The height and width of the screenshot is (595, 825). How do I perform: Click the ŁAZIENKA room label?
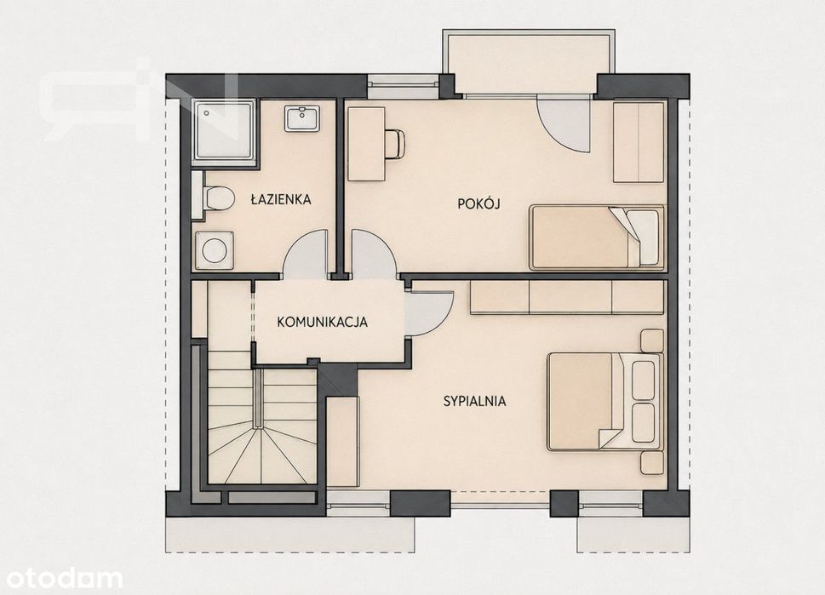[281, 200]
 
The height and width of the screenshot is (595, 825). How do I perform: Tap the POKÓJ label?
[478, 203]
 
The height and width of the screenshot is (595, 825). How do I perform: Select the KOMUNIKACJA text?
[322, 322]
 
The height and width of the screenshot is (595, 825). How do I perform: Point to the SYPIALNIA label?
[474, 402]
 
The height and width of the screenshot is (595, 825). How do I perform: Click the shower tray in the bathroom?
[225, 130]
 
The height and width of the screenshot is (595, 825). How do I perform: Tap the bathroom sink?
[302, 118]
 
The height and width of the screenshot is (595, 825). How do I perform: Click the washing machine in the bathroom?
[215, 250]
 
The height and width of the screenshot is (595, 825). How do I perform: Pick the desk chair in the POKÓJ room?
[394, 144]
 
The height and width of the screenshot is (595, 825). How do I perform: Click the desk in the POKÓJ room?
[366, 144]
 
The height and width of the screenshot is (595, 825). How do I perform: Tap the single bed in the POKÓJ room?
[597, 237]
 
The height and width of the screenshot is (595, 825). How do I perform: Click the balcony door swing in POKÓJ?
[563, 125]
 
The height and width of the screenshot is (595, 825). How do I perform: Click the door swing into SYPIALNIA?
[429, 313]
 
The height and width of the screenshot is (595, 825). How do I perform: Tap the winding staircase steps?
[262, 425]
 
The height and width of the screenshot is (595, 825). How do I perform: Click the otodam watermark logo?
[61, 578]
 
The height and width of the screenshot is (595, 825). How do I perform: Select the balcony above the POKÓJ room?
[528, 61]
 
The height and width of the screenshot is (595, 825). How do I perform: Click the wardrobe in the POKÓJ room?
[639, 142]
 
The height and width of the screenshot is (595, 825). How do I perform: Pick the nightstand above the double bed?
[652, 340]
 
